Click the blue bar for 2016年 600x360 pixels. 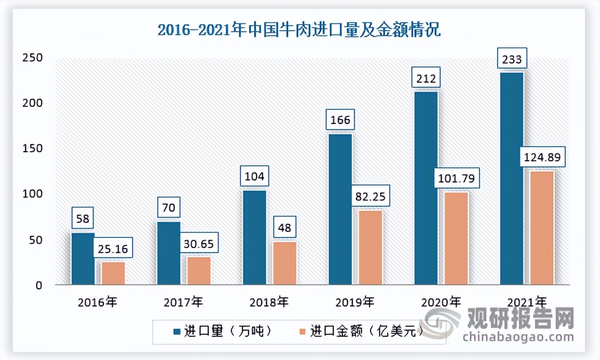83,259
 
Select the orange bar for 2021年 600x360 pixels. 542,228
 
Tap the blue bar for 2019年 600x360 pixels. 340,209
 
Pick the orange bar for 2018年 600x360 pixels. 284,263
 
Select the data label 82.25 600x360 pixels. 370,197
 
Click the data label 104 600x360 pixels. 254,177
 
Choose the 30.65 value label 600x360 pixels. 199,244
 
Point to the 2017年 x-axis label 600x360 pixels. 184,303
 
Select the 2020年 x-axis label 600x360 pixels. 441,303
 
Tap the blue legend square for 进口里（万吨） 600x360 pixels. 176,331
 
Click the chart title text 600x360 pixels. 299,30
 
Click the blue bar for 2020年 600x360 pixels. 426,188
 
